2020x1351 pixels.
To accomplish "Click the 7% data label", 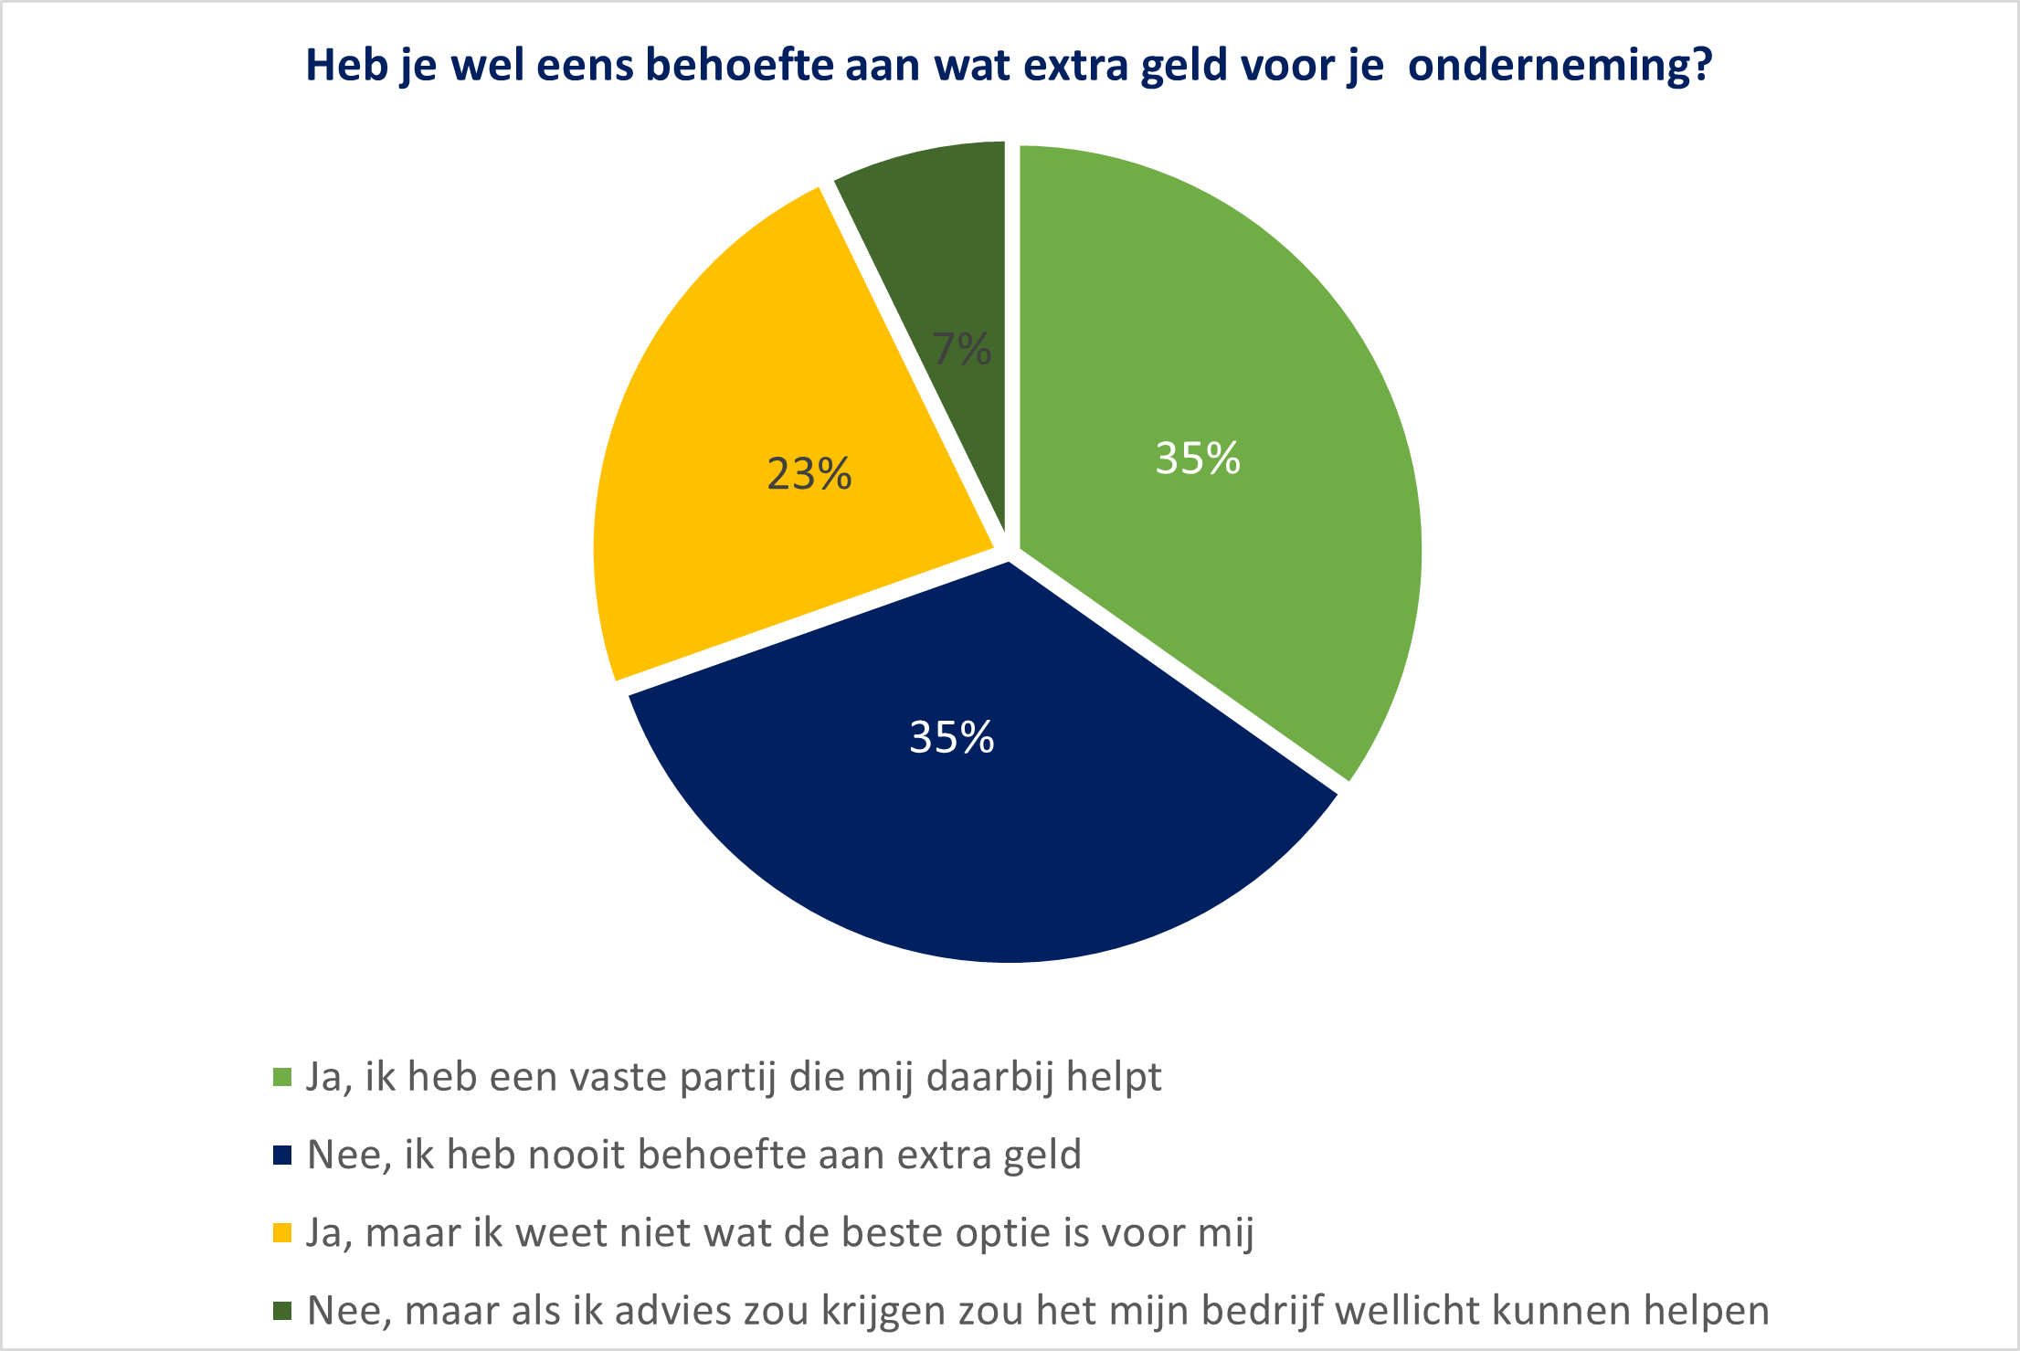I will coord(962,349).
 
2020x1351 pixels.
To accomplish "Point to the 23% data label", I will coord(809,474).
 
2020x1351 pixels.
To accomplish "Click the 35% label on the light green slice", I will coord(1198,459).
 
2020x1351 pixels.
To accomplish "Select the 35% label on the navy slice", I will coord(951,738).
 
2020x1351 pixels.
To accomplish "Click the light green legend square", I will coord(282,1078).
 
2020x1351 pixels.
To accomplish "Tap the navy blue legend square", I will coord(282,1156).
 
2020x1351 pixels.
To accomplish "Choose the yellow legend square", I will coord(282,1233).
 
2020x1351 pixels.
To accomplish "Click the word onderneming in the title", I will coord(1560,66).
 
